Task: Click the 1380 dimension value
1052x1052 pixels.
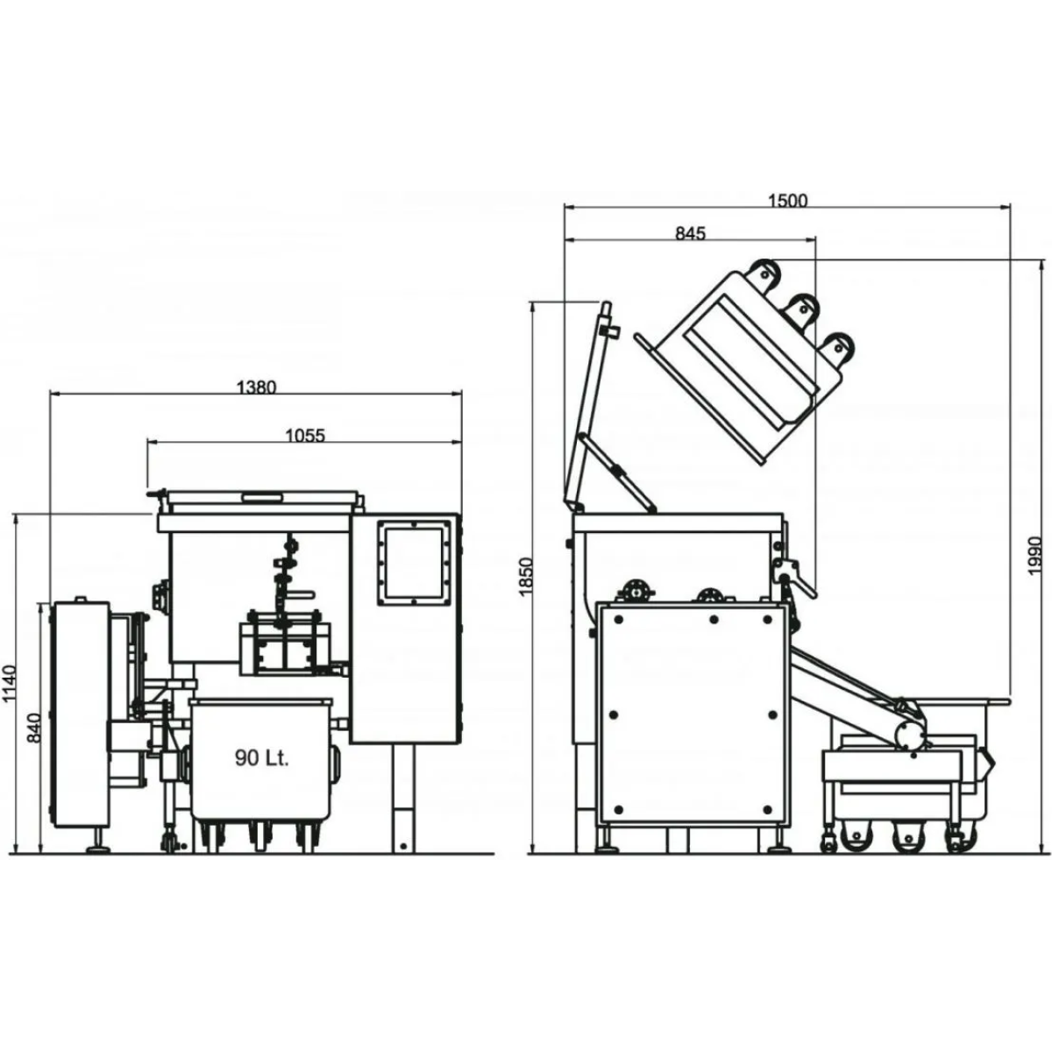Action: (256, 387)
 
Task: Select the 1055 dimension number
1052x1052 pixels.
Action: (305, 436)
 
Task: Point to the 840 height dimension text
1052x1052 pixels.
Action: (34, 728)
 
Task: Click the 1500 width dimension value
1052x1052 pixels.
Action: (788, 201)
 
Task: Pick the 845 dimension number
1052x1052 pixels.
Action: (691, 234)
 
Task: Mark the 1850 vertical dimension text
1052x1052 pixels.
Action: (524, 577)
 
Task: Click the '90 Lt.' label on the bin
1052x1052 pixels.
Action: (261, 757)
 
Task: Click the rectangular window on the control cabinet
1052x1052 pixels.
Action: (414, 563)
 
